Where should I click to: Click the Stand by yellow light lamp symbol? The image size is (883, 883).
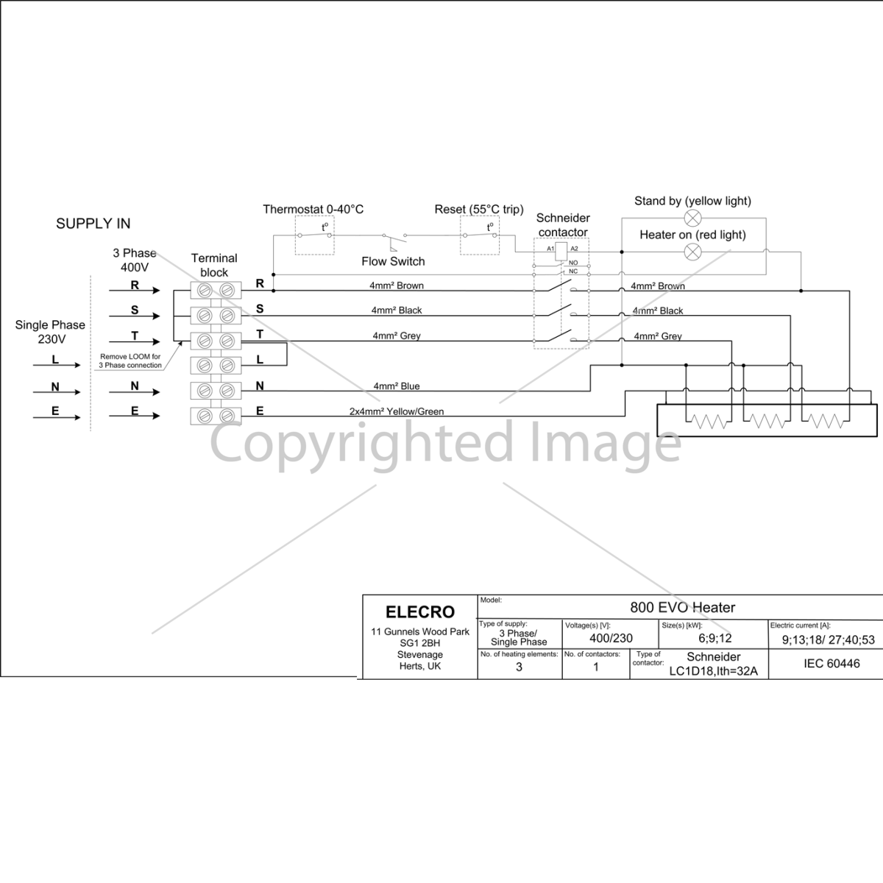[x=692, y=218]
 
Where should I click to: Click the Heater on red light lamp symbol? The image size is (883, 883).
[x=692, y=252]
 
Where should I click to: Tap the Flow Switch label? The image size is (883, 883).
[x=393, y=261]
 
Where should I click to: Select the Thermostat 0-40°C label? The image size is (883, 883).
[x=313, y=210]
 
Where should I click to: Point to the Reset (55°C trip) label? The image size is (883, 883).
[x=479, y=210]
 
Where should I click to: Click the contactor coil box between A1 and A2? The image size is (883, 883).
[x=561, y=251]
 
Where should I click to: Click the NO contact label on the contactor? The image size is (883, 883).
[x=573, y=263]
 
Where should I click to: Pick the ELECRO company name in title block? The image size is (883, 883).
[x=419, y=611]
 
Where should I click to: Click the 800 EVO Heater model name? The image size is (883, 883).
[x=682, y=608]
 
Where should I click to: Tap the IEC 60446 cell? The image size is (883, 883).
[x=831, y=664]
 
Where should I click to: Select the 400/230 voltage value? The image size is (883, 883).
[x=611, y=638]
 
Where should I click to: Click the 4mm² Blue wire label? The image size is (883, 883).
[x=397, y=386]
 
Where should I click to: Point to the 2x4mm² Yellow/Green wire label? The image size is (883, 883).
[x=397, y=411]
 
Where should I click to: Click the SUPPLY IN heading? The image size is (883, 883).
[x=93, y=224]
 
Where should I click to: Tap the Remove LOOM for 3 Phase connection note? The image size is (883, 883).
[x=130, y=361]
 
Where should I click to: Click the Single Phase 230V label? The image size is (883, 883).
[x=51, y=332]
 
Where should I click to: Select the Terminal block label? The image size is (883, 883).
[x=214, y=265]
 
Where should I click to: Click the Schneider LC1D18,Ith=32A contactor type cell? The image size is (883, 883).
[x=713, y=664]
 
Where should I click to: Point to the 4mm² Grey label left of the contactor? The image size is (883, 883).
[x=397, y=336]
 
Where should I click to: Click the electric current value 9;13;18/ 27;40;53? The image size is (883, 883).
[x=828, y=639]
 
